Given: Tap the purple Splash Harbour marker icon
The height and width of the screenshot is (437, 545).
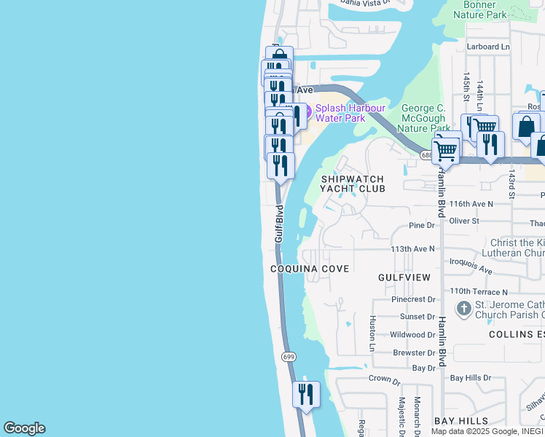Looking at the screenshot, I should [306, 112].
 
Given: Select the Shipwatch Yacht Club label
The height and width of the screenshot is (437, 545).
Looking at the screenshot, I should [353, 184].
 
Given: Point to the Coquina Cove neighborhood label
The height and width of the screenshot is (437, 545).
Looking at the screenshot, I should [310, 269].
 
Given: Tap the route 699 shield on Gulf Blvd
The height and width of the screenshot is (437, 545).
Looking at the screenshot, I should [289, 356].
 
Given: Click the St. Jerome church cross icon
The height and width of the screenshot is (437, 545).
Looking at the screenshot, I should [463, 309].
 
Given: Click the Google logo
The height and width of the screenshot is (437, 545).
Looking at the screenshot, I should [24, 428].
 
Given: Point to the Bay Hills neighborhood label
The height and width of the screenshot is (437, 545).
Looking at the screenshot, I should [461, 422].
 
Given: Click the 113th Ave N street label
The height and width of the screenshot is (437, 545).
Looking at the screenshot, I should [412, 248].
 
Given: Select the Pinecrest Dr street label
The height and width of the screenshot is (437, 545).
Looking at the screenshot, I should [413, 299].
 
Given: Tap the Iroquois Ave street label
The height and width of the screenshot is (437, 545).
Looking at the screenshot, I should [471, 267].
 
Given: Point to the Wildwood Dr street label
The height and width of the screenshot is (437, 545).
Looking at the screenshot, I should [412, 335].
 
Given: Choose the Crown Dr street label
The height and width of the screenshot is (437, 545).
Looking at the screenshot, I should [385, 380].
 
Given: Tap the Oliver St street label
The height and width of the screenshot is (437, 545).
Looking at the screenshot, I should [464, 221].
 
